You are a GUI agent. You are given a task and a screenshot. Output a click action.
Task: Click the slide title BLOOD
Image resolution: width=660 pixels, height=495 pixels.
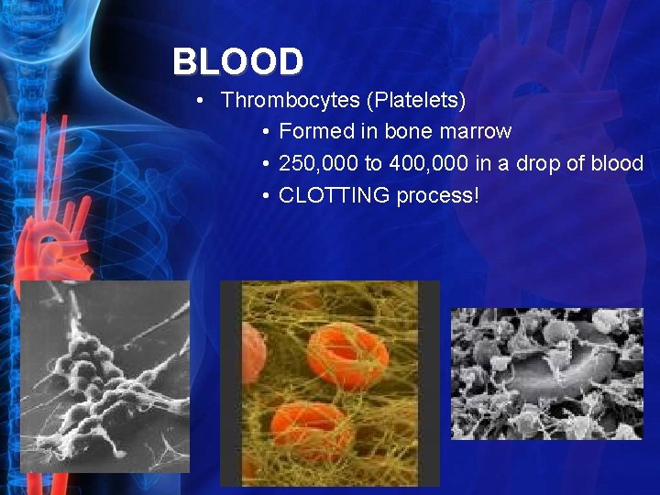tap(237, 62)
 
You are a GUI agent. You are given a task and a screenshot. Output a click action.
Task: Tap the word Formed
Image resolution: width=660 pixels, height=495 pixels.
tap(316, 131)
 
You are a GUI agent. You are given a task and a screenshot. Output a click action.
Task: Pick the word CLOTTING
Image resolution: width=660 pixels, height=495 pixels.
tap(335, 195)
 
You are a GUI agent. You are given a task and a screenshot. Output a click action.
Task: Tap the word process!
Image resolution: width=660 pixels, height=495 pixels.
tap(437, 195)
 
